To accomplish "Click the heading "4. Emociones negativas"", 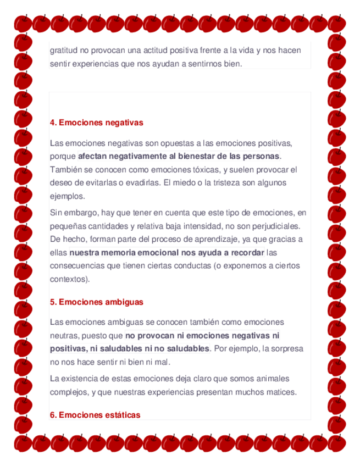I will [x=96, y=123].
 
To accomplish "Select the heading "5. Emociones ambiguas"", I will [x=96, y=302].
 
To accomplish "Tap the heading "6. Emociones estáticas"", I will [x=95, y=415].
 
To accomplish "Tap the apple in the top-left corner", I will [x=23, y=23].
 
